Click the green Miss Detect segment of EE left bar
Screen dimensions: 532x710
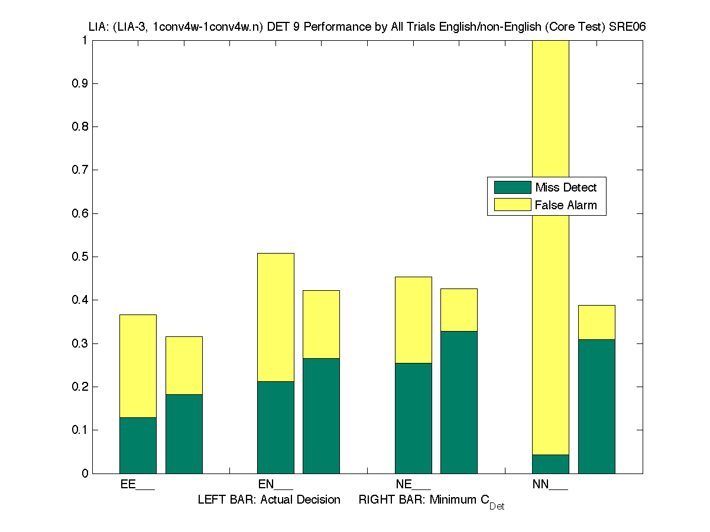coord(138,445)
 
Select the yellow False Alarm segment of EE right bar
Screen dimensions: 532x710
coord(184,365)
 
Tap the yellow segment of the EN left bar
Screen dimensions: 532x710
coord(275,317)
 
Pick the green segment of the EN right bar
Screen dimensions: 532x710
coord(321,416)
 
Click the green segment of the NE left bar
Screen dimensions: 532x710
coord(413,418)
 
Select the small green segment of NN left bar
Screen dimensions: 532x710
coord(550,464)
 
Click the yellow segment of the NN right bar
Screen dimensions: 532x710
coord(596,322)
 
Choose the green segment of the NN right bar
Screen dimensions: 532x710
coord(596,406)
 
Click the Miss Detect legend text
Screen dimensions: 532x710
coord(566,188)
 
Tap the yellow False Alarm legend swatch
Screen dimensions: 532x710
coord(513,205)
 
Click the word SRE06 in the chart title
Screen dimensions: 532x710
coord(628,27)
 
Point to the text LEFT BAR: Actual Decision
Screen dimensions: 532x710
coord(269,500)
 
